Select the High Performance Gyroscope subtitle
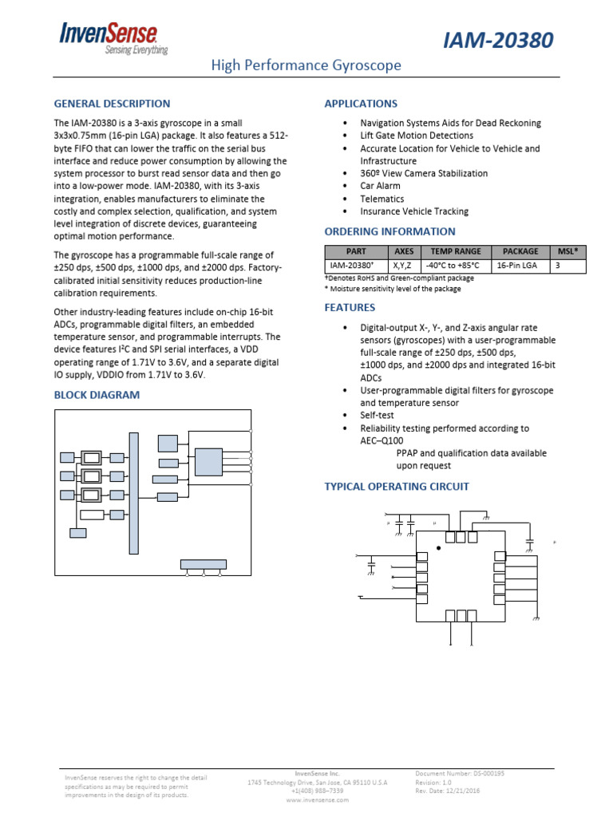pos(306,65)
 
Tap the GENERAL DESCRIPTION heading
pos(112,104)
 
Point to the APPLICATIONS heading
pos(360,104)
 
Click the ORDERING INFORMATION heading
pos(390,231)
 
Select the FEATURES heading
pos(349,307)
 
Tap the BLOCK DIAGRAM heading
pos(97,395)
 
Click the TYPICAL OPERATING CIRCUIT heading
pos(396,487)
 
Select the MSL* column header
pos(568,251)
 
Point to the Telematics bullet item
pos(382,199)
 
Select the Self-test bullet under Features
pos(377,416)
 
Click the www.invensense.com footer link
pos(317,799)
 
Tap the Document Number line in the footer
pos(460,773)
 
